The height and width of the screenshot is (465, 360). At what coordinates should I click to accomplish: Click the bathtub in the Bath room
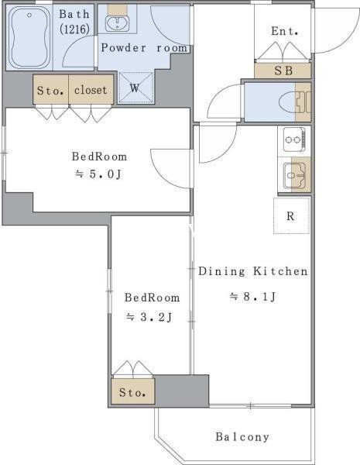pyautogui.click(x=29, y=38)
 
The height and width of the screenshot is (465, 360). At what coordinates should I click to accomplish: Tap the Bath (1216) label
pyautogui.click(x=74, y=22)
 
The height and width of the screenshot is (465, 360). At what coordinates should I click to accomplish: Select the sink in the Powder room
pyautogui.click(x=118, y=22)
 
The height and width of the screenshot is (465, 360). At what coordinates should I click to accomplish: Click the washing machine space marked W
pyautogui.click(x=136, y=88)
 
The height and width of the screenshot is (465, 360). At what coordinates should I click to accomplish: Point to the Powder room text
pyautogui.click(x=144, y=48)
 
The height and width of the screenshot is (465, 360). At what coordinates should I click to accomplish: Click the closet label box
pyautogui.click(x=91, y=89)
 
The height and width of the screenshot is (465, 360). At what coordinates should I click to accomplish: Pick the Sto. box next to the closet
pyautogui.click(x=51, y=89)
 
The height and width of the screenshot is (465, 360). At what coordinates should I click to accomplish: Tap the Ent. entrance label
pyautogui.click(x=284, y=31)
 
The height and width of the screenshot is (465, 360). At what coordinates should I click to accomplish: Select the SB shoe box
pyautogui.click(x=283, y=71)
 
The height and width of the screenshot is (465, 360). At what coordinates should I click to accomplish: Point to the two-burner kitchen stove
pyautogui.click(x=294, y=139)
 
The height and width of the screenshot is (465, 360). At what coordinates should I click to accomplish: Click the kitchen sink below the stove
pyautogui.click(x=294, y=176)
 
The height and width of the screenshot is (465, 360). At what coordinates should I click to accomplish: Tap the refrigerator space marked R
pyautogui.click(x=291, y=215)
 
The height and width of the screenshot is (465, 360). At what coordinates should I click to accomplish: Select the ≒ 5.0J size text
pyautogui.click(x=98, y=174)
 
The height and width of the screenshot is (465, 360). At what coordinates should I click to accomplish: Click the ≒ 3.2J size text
pyautogui.click(x=149, y=317)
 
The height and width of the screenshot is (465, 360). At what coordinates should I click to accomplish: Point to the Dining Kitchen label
pyautogui.click(x=253, y=271)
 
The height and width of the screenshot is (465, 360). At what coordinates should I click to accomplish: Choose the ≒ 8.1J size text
pyautogui.click(x=253, y=296)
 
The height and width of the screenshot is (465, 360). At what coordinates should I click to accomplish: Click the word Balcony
pyautogui.click(x=242, y=437)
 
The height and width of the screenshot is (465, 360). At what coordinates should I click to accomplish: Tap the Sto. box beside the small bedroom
pyautogui.click(x=133, y=391)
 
